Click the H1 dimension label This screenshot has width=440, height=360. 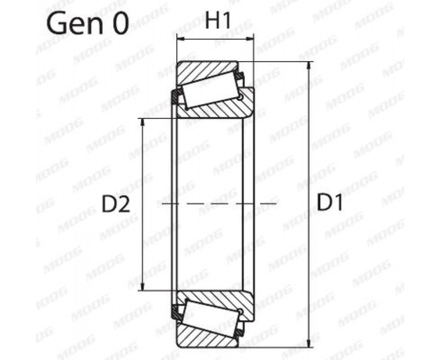pyautogui.click(x=218, y=21)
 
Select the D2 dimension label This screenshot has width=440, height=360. pyautogui.click(x=116, y=204)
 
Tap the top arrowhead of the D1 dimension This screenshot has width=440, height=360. pyautogui.click(x=309, y=65)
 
